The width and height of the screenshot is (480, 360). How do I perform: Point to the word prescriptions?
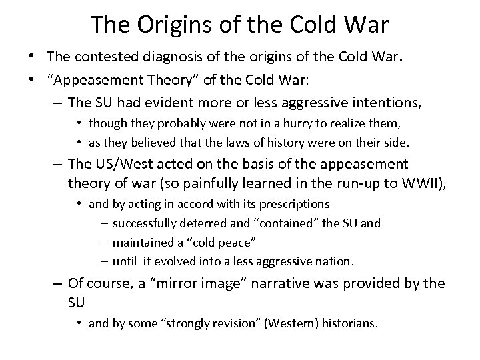295,203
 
